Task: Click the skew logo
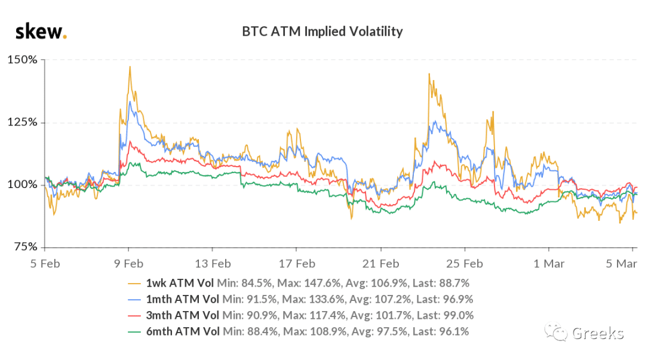(x=41, y=32)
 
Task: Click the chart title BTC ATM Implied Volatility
(x=322, y=32)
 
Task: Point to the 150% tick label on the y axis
(x=22, y=60)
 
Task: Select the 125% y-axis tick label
(x=22, y=122)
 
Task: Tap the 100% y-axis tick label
(x=22, y=184)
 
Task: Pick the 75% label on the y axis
(x=26, y=247)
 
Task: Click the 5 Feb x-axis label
(x=45, y=264)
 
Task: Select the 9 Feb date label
(x=129, y=264)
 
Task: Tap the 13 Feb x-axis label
(x=213, y=264)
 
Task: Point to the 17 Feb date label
(x=297, y=264)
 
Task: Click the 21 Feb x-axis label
(x=380, y=264)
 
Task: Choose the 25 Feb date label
(x=465, y=264)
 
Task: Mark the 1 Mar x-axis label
(x=549, y=264)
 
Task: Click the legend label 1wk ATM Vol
(x=180, y=283)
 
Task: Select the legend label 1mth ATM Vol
(x=183, y=299)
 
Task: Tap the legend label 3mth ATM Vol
(x=183, y=315)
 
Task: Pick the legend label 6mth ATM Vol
(x=183, y=331)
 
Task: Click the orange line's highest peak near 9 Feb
(x=130, y=67)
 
